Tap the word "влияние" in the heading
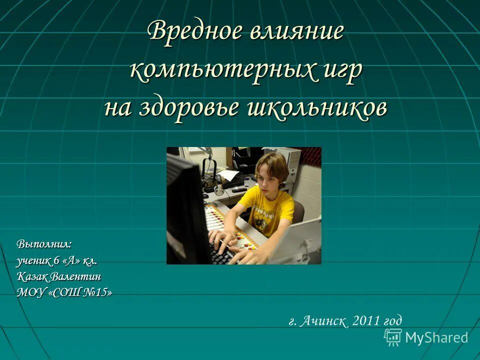[x=296, y=32]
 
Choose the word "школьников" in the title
[x=316, y=107]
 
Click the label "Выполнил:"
[x=44, y=244]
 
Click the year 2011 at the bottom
[x=366, y=321]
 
